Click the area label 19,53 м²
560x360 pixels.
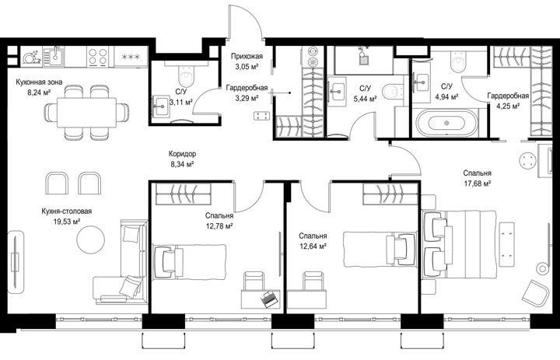tap(66, 222)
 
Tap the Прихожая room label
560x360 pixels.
tap(247, 56)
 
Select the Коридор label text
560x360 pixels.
tap(182, 154)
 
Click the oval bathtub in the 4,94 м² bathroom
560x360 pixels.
tap(446, 123)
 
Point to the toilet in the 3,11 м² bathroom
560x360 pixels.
tap(186, 75)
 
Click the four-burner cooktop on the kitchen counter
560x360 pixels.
tap(97, 57)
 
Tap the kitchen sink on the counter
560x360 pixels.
tap(54, 57)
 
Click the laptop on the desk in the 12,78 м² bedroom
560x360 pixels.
tap(269, 298)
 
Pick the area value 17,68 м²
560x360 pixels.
tap(477, 183)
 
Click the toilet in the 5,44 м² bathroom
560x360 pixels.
tap(392, 92)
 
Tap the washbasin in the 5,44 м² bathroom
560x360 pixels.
tap(337, 91)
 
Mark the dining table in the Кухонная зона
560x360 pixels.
tap(87, 112)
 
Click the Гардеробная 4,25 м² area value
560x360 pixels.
tap(508, 106)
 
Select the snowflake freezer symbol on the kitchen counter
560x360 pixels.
tap(131, 57)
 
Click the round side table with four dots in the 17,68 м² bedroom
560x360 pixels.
tap(528, 161)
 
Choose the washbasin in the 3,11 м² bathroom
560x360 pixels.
tap(162, 106)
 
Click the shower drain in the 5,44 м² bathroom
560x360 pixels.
tap(363, 60)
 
